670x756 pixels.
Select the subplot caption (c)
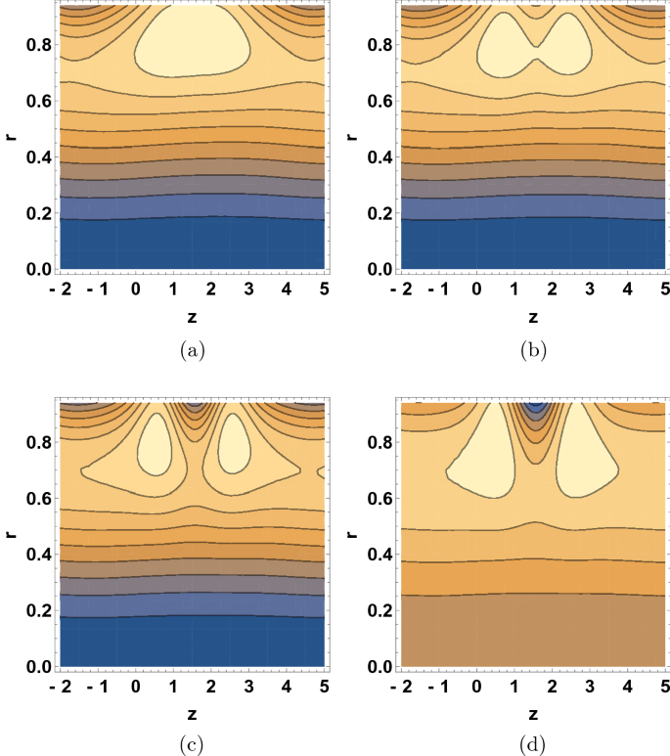pos(192,745)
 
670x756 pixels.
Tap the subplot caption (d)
pos(533,745)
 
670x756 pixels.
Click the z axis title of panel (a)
pos(192,316)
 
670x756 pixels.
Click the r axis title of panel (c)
pos(10,534)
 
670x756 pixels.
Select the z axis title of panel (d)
pos(533,714)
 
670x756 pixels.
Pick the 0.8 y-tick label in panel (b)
pos(377,45)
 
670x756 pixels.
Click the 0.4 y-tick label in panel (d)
pos(377,555)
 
